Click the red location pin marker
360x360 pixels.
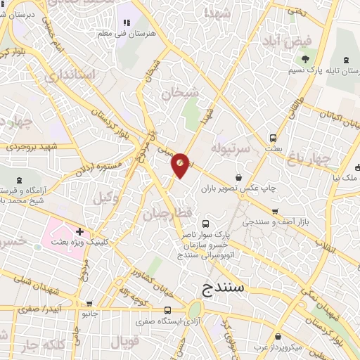coord(180,165)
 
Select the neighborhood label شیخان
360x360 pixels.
coord(180,93)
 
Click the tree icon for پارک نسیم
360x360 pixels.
coord(305,60)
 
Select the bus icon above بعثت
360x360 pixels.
coord(273,138)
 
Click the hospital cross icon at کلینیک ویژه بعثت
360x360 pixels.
coord(80,231)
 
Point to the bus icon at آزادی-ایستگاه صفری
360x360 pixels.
coord(167,310)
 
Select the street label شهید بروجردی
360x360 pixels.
coord(31,148)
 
